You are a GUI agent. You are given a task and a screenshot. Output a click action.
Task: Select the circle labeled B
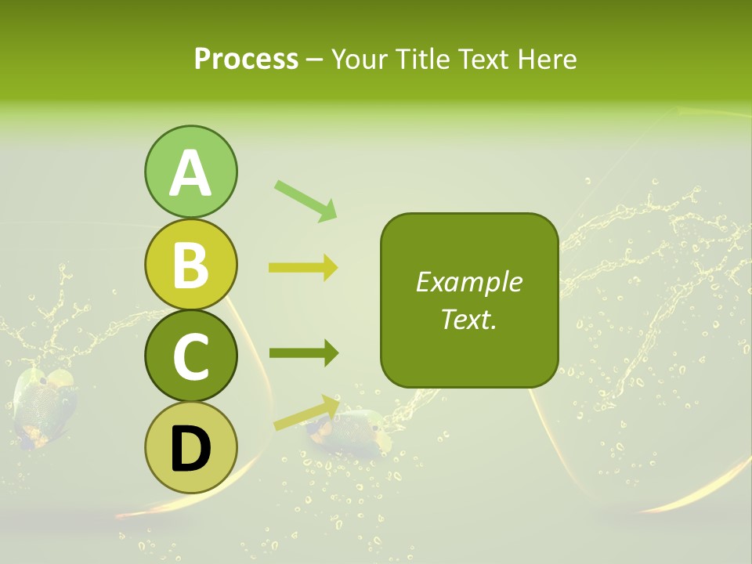coord(190,265)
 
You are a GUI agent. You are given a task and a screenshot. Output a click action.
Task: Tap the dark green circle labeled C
coord(190,356)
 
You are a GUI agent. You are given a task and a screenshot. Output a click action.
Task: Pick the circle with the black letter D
coord(190,447)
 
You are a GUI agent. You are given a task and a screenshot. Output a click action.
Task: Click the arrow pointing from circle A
coord(305,200)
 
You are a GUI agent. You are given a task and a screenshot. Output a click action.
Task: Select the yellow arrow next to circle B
coord(303,268)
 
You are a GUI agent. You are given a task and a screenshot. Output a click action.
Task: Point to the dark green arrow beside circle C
coord(303,354)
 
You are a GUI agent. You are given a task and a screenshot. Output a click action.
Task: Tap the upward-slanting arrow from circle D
coord(305,413)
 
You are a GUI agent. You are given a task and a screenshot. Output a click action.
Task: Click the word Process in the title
coord(246,60)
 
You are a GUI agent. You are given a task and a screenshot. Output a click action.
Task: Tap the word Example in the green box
coord(468,283)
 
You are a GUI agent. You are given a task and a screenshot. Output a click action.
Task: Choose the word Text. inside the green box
coord(468,320)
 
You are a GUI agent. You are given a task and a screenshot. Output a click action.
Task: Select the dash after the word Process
coord(315,60)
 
